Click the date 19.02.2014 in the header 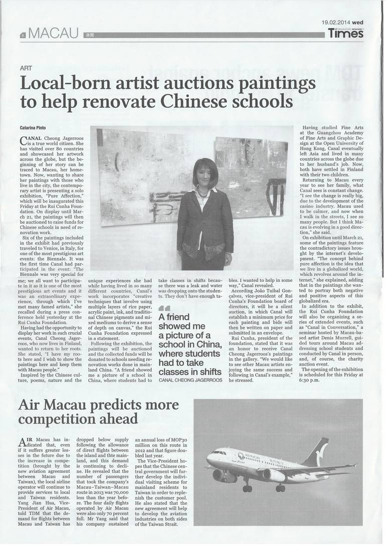(336, 23)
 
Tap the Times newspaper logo (346, 34)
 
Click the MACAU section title (54, 34)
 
